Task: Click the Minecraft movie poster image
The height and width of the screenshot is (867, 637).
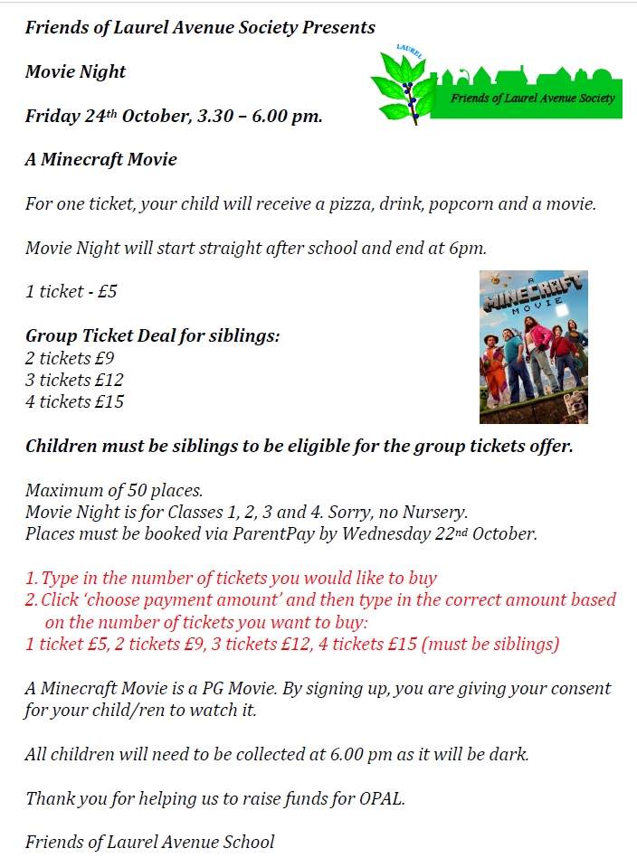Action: click(x=533, y=347)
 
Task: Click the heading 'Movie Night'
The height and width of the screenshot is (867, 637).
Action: click(x=76, y=71)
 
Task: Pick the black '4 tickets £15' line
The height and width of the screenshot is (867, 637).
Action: click(x=75, y=401)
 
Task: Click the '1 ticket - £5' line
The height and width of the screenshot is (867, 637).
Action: click(x=71, y=291)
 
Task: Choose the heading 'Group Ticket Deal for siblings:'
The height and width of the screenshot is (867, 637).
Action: click(x=153, y=335)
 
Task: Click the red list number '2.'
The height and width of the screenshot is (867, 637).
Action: click(x=32, y=599)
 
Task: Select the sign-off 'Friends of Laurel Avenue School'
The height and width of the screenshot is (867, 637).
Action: click(x=150, y=842)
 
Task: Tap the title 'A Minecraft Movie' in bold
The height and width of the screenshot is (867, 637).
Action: click(x=101, y=159)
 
